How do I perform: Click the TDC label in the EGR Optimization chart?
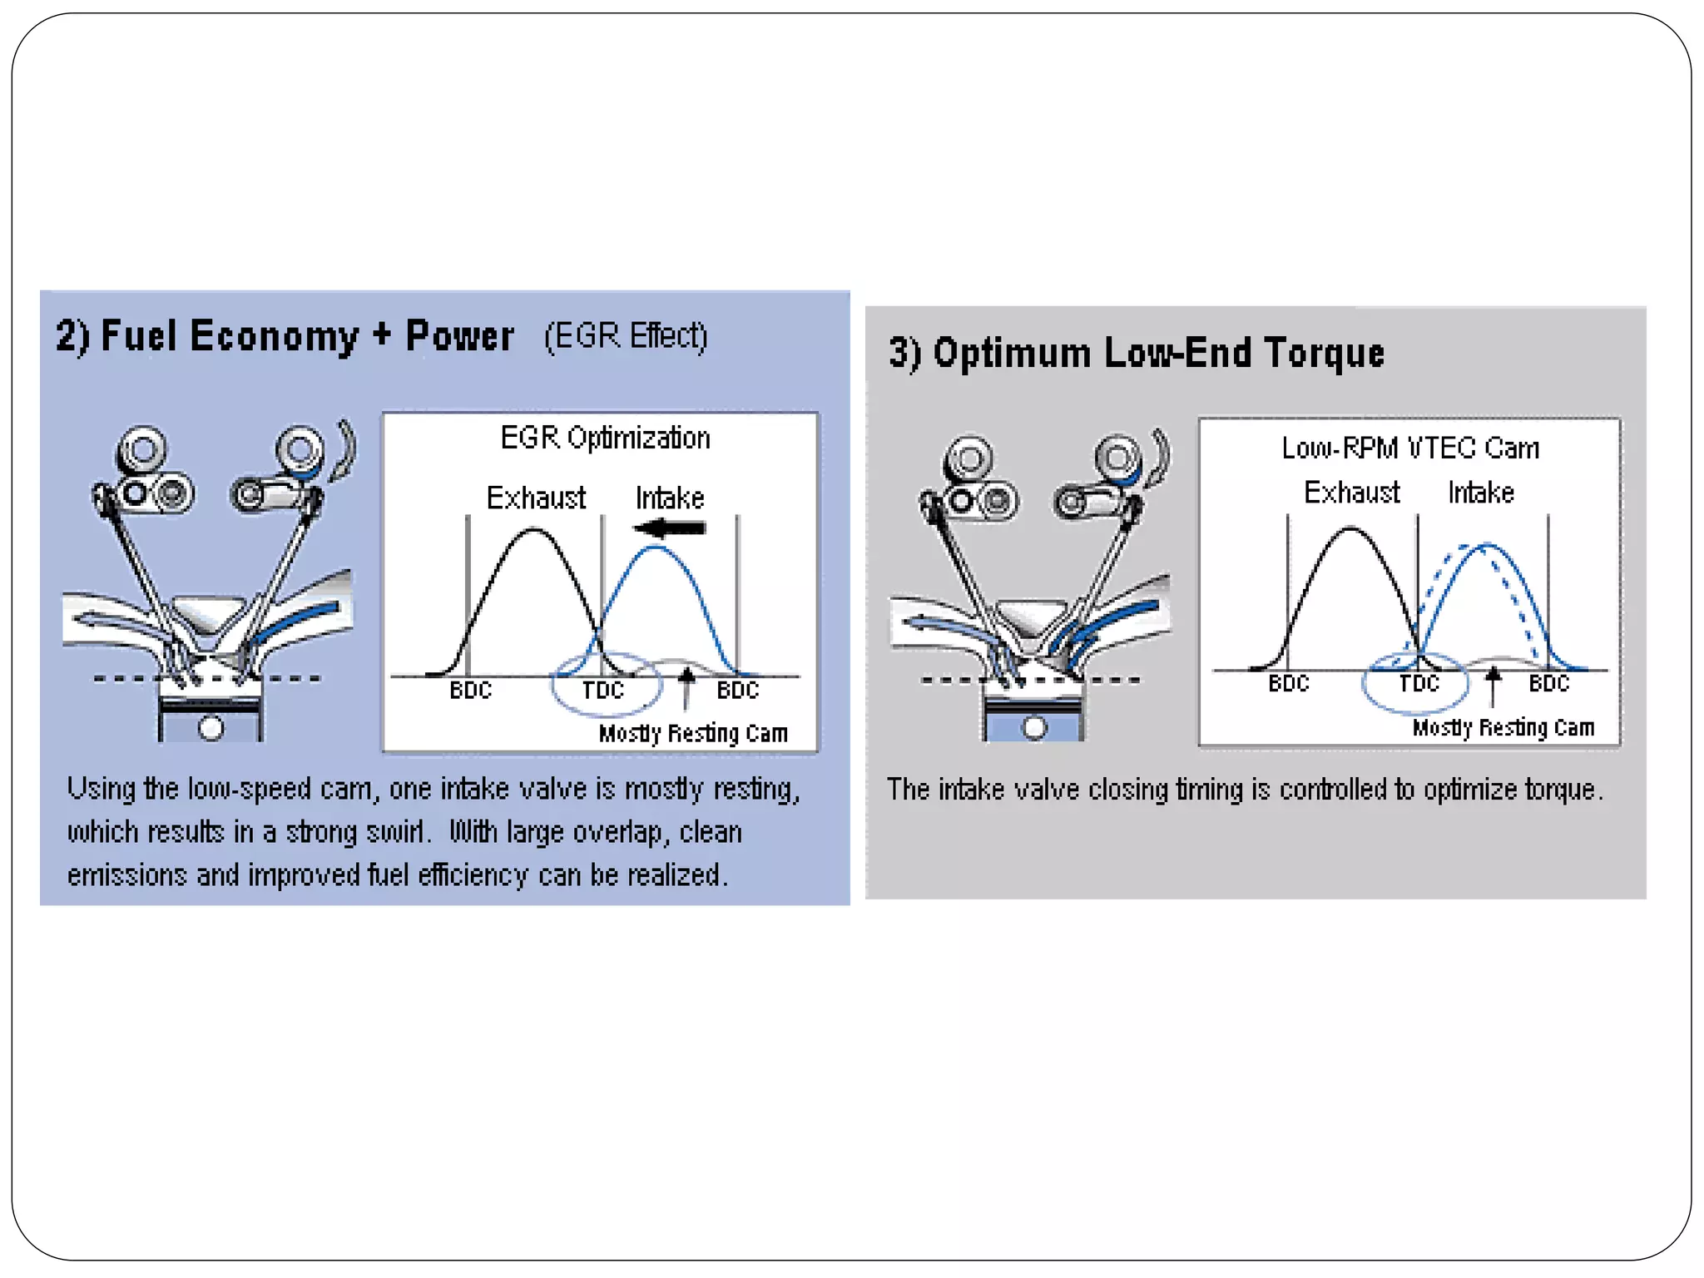[602, 690]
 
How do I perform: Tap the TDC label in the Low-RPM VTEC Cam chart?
[1419, 683]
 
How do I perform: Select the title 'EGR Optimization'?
[605, 438]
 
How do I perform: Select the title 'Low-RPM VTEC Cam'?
[1410, 448]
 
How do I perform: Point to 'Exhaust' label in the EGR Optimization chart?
[536, 498]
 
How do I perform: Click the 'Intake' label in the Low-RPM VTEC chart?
[1481, 493]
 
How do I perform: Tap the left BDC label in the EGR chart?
[471, 690]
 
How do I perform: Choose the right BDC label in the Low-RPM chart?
[1548, 683]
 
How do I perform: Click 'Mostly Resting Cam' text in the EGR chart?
[693, 733]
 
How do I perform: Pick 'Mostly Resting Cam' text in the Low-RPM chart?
[1503, 727]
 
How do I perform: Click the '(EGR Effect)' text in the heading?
[626, 335]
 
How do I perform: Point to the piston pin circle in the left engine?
[211, 728]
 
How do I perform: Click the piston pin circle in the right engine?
[1034, 727]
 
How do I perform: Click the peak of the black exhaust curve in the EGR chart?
[532, 531]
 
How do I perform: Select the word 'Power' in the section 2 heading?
[459, 336]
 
